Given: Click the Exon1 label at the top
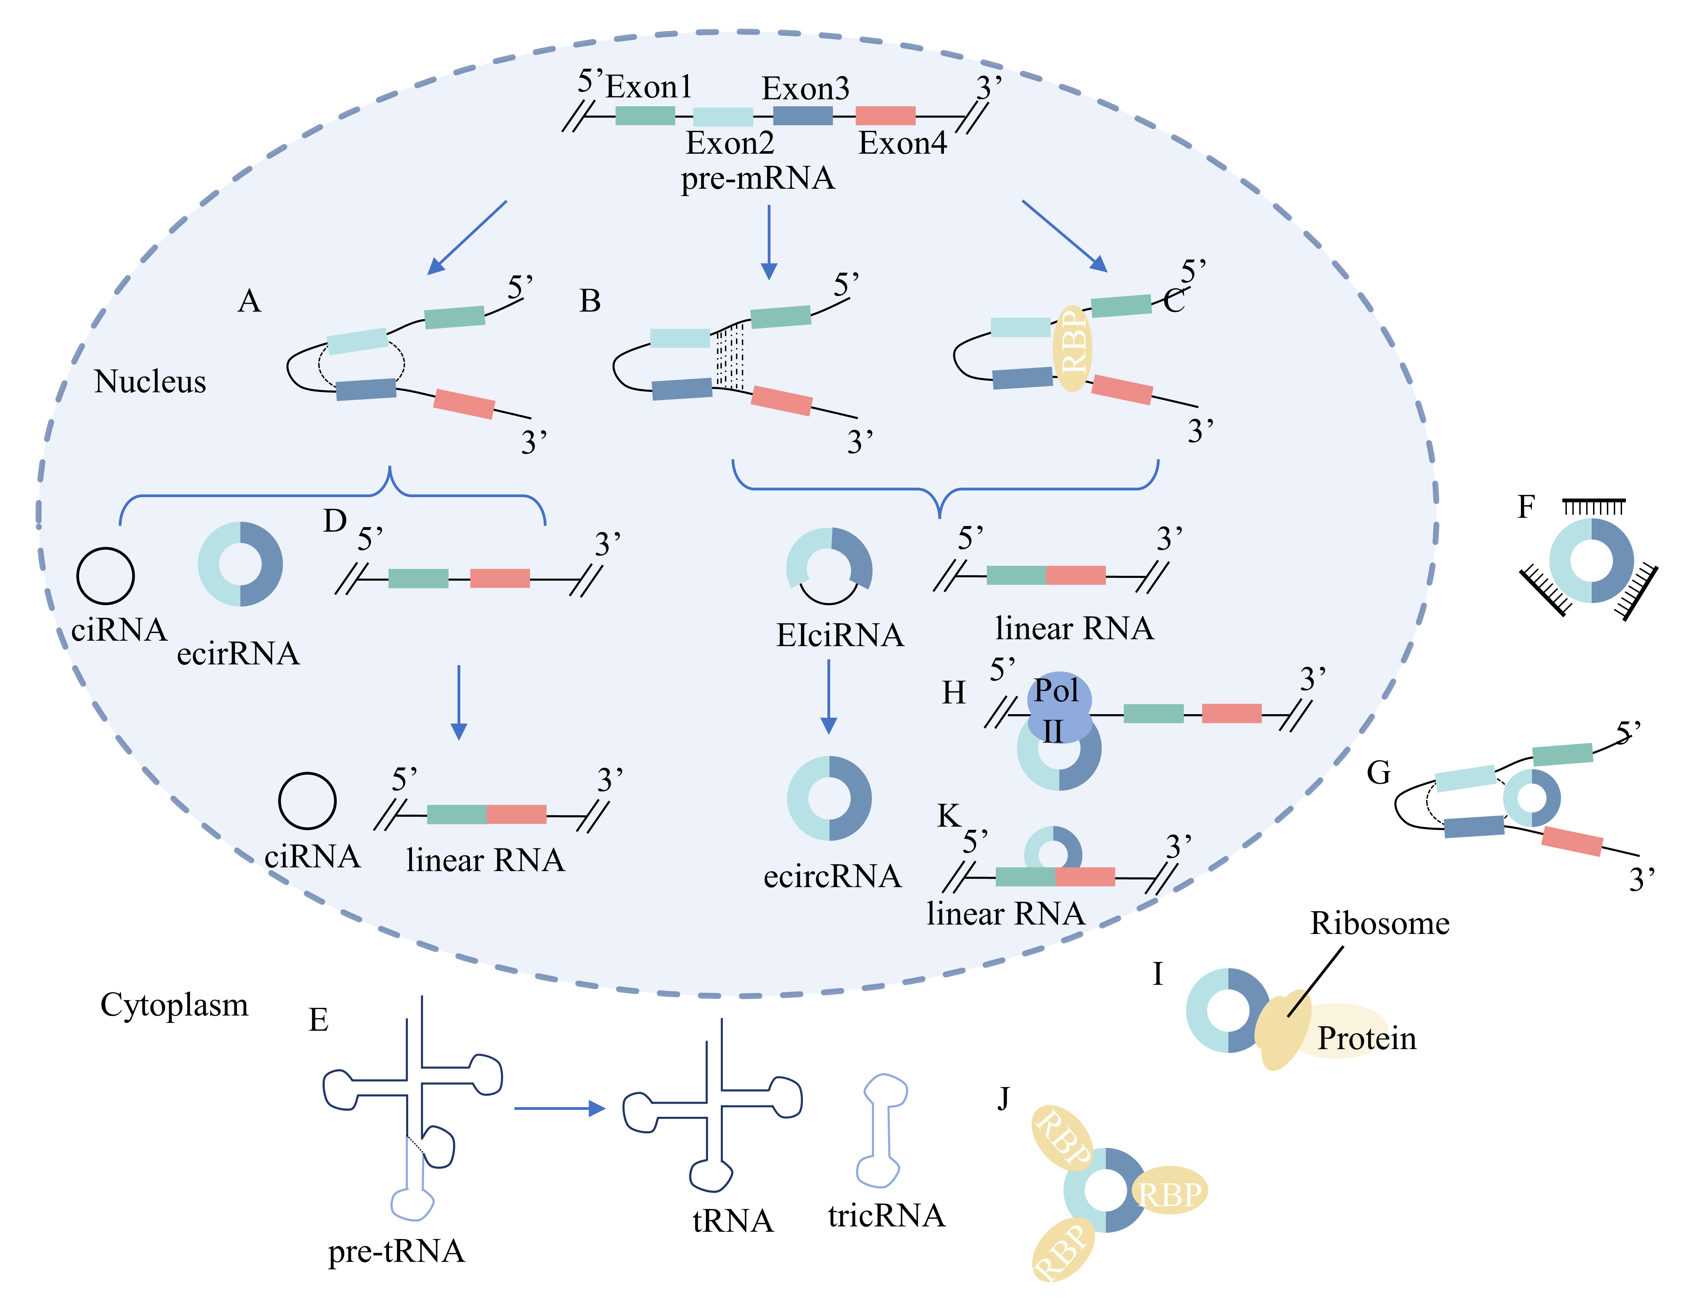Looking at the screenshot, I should coord(648,87).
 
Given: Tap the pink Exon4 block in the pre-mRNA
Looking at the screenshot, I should coord(885,116).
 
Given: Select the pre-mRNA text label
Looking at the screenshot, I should coord(757,179).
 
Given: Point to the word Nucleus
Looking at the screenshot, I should coord(150,382).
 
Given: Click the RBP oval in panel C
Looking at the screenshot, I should coord(1072,348).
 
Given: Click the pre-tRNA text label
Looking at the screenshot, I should coord(396,1251).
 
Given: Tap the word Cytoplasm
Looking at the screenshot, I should coord(174,1005).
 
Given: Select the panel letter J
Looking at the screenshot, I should coord(1003,1097).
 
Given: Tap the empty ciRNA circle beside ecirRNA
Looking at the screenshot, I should coord(105,576).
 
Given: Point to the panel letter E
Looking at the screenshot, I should coord(318,1020).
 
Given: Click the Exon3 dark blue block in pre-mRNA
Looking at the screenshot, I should coord(803,116).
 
